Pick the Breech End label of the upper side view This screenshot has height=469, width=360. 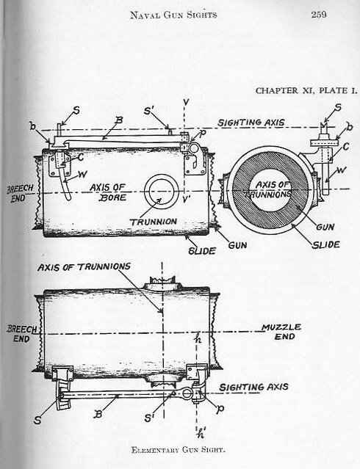click(16, 194)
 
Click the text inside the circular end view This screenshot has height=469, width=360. click(271, 186)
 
